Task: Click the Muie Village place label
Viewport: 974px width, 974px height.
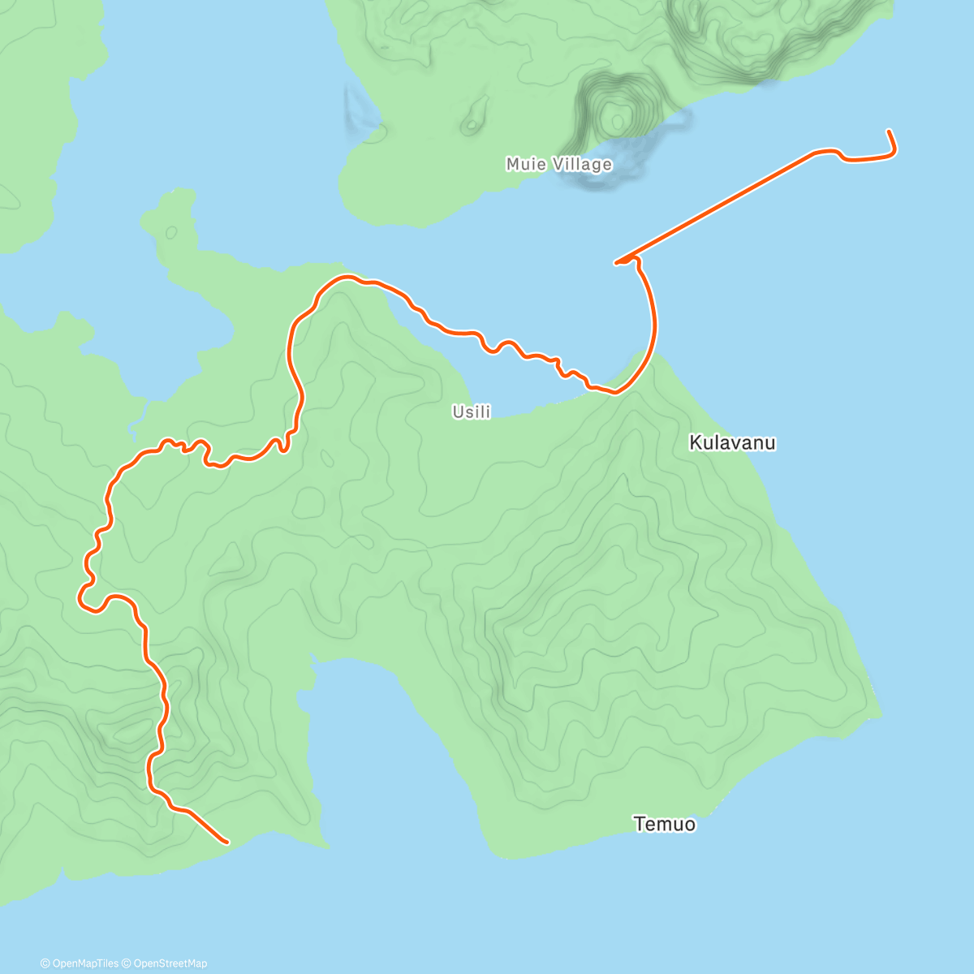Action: point(558,165)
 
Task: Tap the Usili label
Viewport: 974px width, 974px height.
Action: point(472,412)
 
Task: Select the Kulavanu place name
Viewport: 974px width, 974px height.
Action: point(732,443)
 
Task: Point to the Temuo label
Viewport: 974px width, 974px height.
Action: point(665,825)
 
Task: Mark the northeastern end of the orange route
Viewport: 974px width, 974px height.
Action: point(890,131)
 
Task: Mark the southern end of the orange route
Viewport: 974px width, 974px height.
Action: point(226,842)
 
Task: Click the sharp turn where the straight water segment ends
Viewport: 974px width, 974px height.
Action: point(618,262)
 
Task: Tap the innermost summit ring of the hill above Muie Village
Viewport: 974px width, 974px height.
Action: point(617,121)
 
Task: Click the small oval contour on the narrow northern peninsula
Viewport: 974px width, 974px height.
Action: point(171,232)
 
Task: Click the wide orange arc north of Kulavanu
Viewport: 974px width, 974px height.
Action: point(652,325)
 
